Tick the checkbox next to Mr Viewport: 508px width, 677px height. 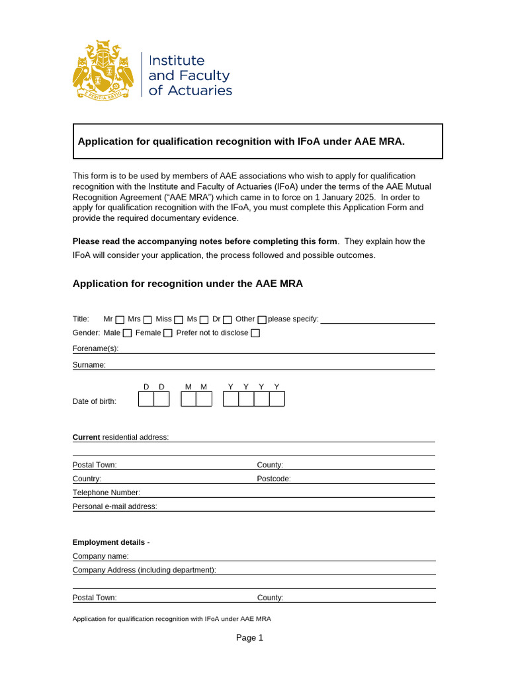pyautogui.click(x=120, y=320)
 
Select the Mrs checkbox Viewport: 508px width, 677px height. pyautogui.click(x=148, y=320)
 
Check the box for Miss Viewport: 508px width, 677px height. pyautogui.click(x=179, y=320)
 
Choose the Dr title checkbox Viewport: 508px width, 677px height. pyautogui.click(x=227, y=320)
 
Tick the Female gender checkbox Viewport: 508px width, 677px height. pyautogui.click(x=168, y=333)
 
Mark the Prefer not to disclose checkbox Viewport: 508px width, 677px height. pyautogui.click(x=255, y=333)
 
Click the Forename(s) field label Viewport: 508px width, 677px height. pyautogui.click(x=95, y=348)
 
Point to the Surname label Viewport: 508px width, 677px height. pyautogui.click(x=89, y=364)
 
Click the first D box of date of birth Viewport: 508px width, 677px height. pyautogui.click(x=146, y=399)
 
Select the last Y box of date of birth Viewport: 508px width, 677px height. pyautogui.click(x=277, y=399)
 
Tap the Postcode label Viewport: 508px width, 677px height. pyautogui.click(x=273, y=479)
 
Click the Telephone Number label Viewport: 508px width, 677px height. pyautogui.click(x=106, y=493)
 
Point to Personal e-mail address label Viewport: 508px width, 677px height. pyautogui.click(x=114, y=506)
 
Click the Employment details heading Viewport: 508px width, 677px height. pyautogui.click(x=108, y=542)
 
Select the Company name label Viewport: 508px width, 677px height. pyautogui.click(x=101, y=556)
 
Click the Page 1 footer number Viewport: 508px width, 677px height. pyautogui.click(x=250, y=638)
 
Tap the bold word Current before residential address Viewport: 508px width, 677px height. pyautogui.click(x=86, y=437)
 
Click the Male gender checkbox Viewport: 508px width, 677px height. pyautogui.click(x=127, y=333)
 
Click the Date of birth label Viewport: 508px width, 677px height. pyautogui.click(x=94, y=401)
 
